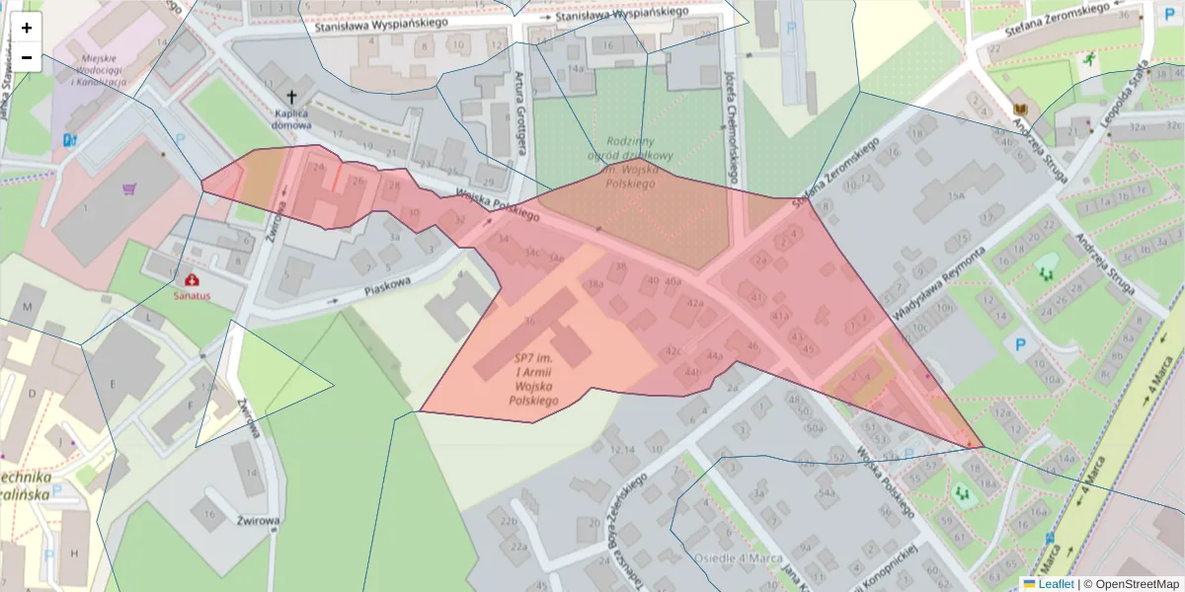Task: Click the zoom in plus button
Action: pos(27,28)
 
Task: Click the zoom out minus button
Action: pos(27,57)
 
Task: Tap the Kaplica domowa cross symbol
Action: pos(291,97)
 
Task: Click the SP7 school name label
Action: pos(534,379)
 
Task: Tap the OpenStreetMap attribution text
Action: pos(1135,584)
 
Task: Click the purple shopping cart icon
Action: pos(129,188)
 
